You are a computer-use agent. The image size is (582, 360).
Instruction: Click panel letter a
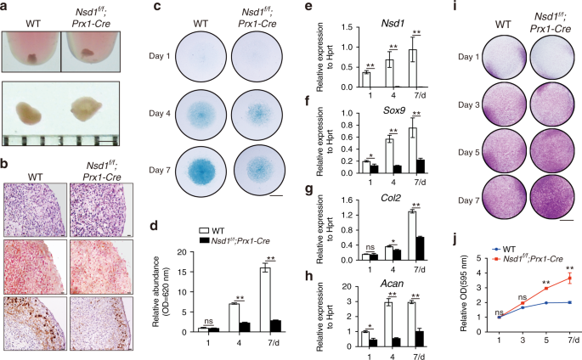pos(7,7)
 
